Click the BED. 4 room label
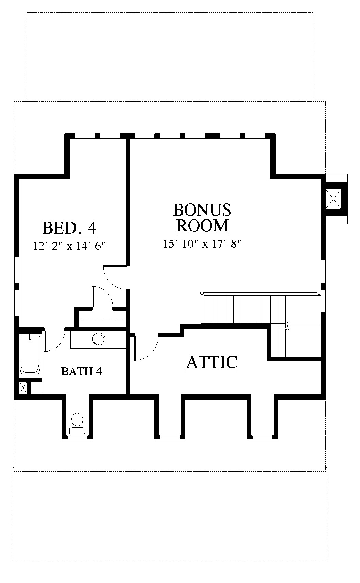pyautogui.click(x=69, y=228)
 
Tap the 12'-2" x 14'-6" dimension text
pyautogui.click(x=69, y=246)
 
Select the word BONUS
pyautogui.click(x=202, y=210)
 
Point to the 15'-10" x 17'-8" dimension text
pyautogui.click(x=202, y=244)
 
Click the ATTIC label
pyautogui.click(x=212, y=362)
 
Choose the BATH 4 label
pyautogui.click(x=81, y=371)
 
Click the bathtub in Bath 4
pyautogui.click(x=30, y=356)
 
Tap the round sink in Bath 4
pyautogui.click(x=99, y=339)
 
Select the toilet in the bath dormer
pyautogui.click(x=77, y=424)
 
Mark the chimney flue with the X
pyautogui.click(x=334, y=199)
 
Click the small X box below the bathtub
pyautogui.click(x=23, y=388)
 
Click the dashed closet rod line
pyautogui.click(x=102, y=319)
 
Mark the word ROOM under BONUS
pyautogui.click(x=202, y=226)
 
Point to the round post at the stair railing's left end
pyautogui.click(x=202, y=293)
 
